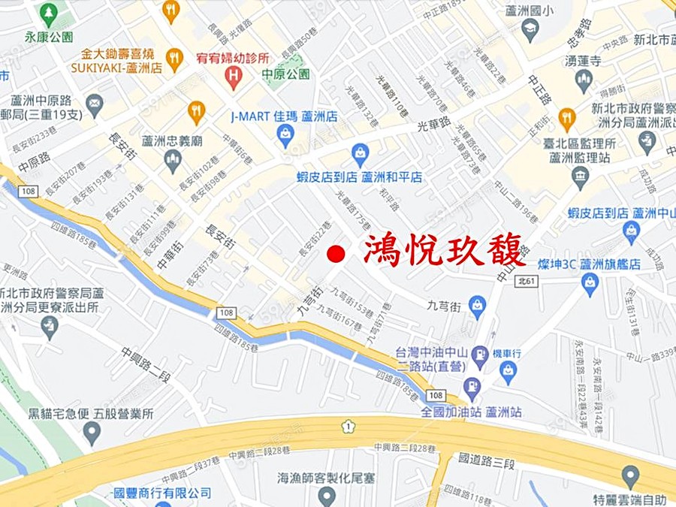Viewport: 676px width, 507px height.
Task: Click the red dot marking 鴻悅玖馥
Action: point(337,253)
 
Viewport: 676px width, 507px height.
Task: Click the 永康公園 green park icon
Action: point(49,14)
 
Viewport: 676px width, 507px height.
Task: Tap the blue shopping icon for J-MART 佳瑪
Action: point(285,134)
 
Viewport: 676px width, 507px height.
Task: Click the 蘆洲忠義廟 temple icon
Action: point(174,158)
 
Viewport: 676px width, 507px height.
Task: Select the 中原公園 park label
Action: point(285,74)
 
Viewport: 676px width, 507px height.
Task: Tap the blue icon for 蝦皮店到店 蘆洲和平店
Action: point(361,155)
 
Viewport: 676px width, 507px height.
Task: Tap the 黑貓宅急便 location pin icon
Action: point(92,431)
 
